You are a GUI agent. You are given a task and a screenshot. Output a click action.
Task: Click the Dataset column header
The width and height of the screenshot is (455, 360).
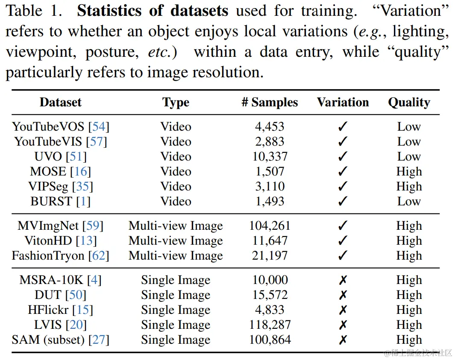[x=60, y=102]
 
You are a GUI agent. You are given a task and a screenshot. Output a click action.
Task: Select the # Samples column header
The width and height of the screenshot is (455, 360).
[x=270, y=102]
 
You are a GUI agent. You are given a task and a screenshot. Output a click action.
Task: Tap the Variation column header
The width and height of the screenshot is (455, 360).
[x=343, y=102]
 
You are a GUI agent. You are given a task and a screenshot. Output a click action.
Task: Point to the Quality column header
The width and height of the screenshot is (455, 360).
[x=409, y=102]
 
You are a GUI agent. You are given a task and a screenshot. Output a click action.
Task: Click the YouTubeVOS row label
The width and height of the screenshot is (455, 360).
[x=49, y=126]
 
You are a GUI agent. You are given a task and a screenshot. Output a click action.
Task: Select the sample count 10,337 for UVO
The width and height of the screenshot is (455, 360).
[x=270, y=156]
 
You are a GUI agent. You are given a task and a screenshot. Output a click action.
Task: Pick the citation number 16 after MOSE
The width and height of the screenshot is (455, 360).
[x=81, y=172]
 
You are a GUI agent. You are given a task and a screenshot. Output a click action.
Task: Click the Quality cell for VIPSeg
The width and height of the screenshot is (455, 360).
[x=409, y=187]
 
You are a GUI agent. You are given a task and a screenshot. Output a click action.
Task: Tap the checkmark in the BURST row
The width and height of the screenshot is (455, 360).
[x=343, y=202]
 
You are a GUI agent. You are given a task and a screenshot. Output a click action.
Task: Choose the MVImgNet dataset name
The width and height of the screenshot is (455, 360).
[x=48, y=225]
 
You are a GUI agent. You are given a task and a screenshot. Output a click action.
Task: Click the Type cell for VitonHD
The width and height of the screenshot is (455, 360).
[x=176, y=240]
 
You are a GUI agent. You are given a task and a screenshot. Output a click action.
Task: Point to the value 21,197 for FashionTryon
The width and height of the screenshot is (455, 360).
[x=270, y=255]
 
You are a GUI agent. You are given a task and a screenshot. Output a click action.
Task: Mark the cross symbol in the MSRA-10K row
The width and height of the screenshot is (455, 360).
[x=343, y=280]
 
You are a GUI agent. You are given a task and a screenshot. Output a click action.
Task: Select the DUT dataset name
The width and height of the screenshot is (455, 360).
[x=49, y=295]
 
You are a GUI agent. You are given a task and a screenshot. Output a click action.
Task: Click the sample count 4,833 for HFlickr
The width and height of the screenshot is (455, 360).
[x=270, y=310]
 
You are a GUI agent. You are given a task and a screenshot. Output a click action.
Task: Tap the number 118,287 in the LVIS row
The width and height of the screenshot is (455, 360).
[x=270, y=325]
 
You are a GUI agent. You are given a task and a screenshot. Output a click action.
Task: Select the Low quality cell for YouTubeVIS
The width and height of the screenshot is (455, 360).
[x=409, y=141]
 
